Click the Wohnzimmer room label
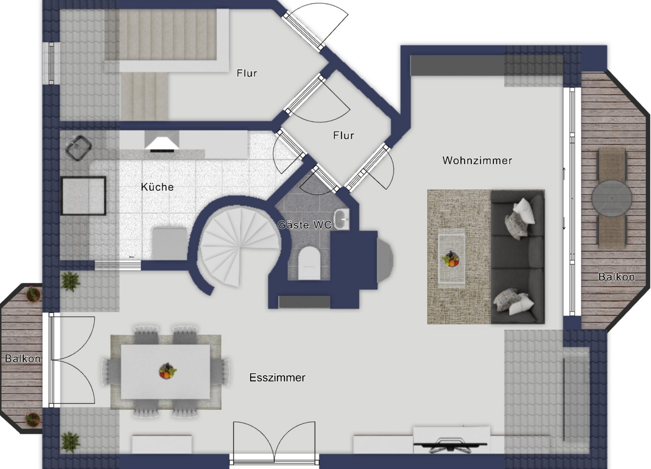(x=477, y=160)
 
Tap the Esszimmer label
(x=277, y=378)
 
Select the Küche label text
(x=157, y=187)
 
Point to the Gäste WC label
(x=305, y=224)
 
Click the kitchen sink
(x=78, y=147)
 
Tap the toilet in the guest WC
(x=309, y=263)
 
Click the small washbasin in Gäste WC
(x=341, y=219)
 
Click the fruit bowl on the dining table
(x=168, y=371)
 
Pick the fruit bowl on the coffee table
(x=451, y=259)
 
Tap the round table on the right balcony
(x=612, y=198)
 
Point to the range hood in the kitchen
(x=162, y=142)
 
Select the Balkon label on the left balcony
(x=23, y=359)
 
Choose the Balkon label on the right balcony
(x=616, y=277)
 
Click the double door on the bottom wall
(x=274, y=443)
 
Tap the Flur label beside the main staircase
(x=247, y=73)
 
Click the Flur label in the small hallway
(x=344, y=135)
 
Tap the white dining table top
(x=165, y=372)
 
